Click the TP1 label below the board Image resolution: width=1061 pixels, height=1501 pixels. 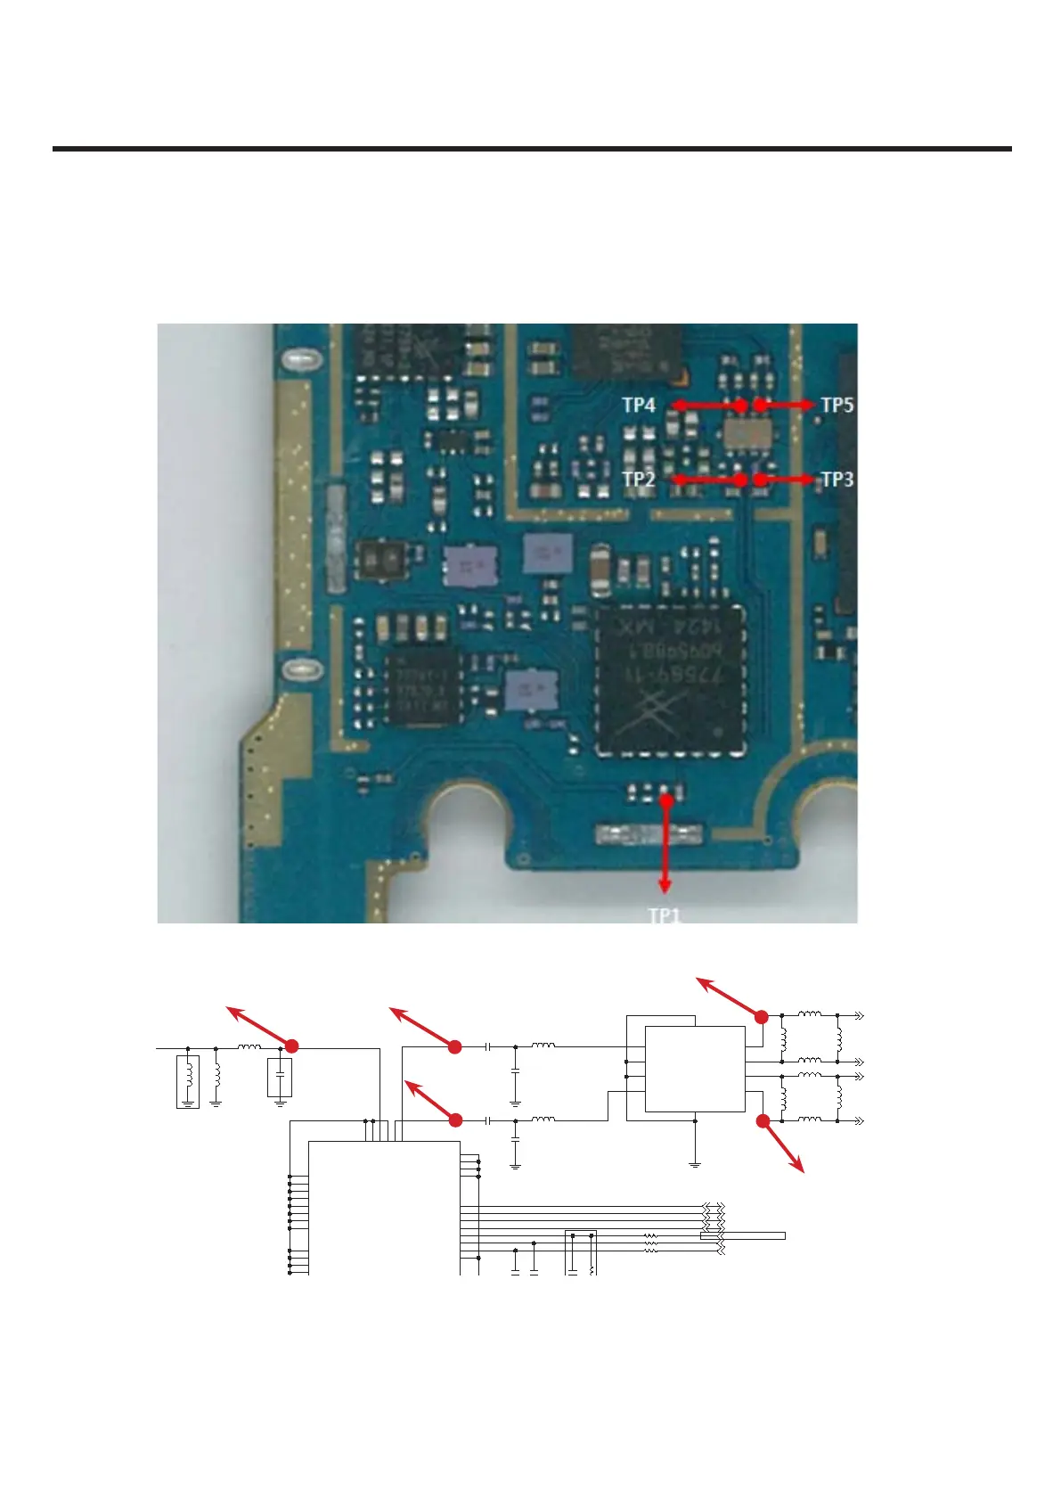tap(664, 915)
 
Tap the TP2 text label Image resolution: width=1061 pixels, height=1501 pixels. tap(639, 480)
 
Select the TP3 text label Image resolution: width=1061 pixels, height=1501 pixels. tap(837, 480)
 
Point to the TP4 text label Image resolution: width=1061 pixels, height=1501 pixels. tap(639, 406)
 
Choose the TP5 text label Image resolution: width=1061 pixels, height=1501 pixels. tap(837, 406)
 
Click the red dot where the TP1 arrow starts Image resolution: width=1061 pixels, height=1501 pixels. tap(665, 800)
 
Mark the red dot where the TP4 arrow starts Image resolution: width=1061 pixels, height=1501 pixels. tap(740, 405)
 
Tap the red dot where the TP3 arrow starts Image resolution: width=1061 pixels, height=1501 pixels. tap(760, 480)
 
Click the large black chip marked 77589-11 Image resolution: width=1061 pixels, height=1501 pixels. tap(672, 679)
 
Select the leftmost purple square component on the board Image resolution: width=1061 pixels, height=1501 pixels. tap(470, 564)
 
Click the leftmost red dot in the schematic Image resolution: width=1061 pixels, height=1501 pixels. tap(291, 1046)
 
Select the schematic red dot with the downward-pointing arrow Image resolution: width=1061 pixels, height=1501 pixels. tap(763, 1121)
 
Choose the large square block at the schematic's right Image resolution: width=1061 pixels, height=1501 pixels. tap(694, 1069)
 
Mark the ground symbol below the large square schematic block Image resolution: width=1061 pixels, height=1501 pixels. tap(695, 1162)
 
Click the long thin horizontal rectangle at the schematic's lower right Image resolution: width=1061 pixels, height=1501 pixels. tap(742, 1235)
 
